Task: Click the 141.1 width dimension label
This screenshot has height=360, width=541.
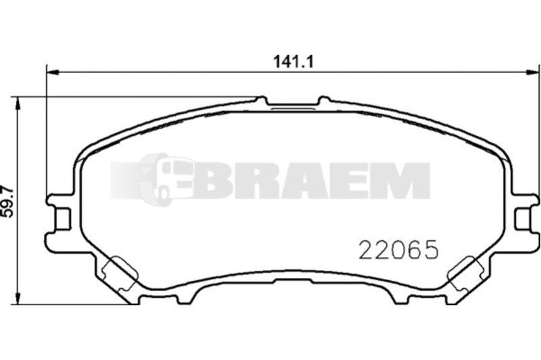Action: tap(293, 62)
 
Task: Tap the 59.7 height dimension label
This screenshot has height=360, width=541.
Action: tap(7, 202)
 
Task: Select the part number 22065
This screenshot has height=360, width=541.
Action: tap(398, 250)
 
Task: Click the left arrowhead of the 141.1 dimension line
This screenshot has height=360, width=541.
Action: tap(53, 72)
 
